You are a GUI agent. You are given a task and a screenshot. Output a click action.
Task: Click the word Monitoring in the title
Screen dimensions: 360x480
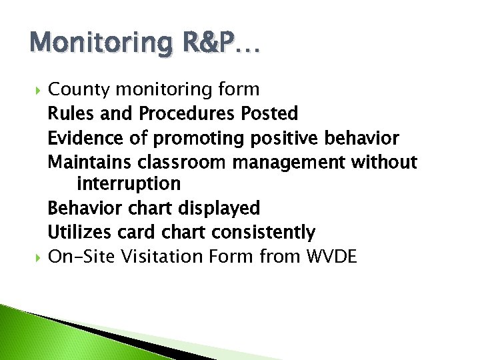tap(90, 44)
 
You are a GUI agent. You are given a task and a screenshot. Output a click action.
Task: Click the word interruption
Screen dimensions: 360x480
tap(129, 183)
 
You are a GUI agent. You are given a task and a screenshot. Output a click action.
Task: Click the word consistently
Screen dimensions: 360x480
tap(263, 233)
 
